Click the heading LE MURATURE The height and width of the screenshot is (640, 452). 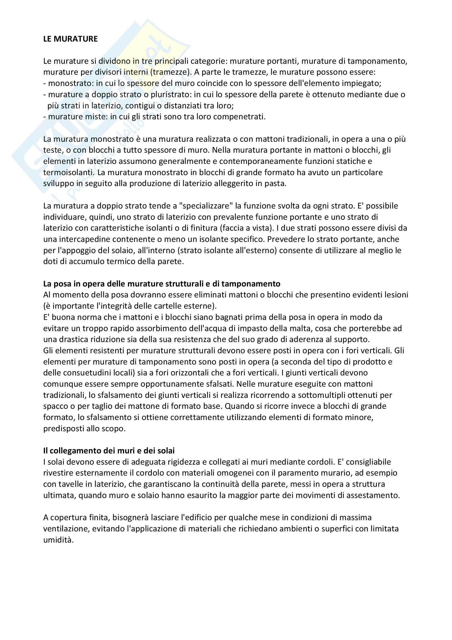tap(71, 39)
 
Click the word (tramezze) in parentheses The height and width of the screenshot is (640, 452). tap(171, 72)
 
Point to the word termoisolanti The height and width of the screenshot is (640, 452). tap(69, 173)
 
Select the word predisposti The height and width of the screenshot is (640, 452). tap(64, 428)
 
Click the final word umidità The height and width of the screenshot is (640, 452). tap(59, 540)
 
